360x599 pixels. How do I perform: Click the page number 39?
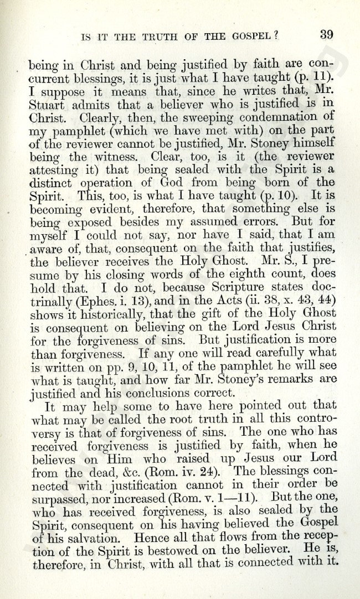(326, 34)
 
